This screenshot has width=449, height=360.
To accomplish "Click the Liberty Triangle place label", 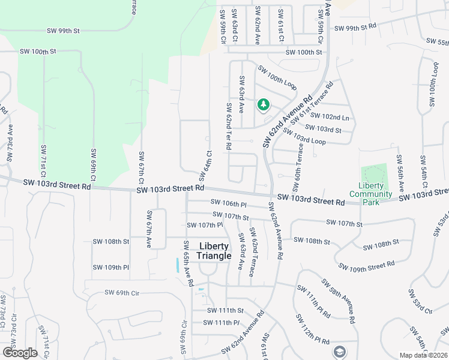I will click(x=215, y=251).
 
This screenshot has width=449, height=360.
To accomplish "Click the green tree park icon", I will click(x=263, y=106).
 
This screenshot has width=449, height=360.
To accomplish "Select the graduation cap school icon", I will click(x=339, y=352).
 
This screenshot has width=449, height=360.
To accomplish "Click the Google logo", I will click(x=20, y=353).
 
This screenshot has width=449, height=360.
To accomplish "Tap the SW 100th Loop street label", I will click(x=277, y=78).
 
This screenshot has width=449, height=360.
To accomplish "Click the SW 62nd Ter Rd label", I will click(x=229, y=126).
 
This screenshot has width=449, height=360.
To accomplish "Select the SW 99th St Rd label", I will click(x=355, y=28).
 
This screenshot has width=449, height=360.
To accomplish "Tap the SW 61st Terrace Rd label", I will click(x=324, y=103).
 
